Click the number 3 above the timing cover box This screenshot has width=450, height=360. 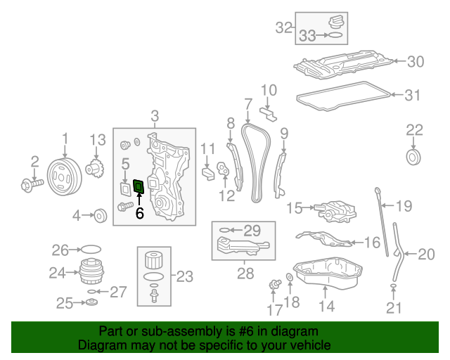point(155,116)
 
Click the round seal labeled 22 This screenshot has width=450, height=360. point(414,155)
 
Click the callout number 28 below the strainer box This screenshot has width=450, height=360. point(245,273)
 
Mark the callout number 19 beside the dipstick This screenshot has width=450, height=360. point(403,206)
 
